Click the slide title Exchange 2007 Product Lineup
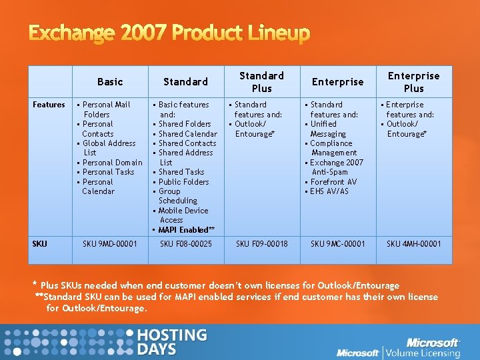tap(160, 33)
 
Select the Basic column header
tap(110, 82)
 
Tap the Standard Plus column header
tap(262, 82)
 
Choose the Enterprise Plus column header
tap(413, 82)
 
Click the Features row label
tap(49, 105)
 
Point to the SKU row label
tap(39, 243)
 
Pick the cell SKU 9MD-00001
tap(110, 244)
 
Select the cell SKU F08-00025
tap(186, 244)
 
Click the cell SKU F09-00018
tap(262, 244)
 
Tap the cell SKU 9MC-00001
tap(338, 244)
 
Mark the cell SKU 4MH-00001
tap(414, 244)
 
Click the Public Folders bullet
tap(183, 182)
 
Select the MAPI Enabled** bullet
tap(186, 230)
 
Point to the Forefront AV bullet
tap(333, 182)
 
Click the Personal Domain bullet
tap(112, 163)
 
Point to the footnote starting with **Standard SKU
tap(237, 302)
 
